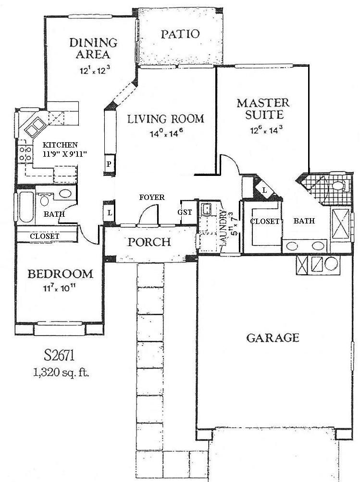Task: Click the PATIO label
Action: (180, 34)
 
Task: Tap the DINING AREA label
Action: (93, 48)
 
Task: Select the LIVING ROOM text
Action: (165, 119)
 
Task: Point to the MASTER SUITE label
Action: (262, 109)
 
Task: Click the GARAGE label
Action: (273, 338)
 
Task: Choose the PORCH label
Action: (149, 241)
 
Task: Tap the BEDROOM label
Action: (60, 274)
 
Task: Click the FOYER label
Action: (152, 198)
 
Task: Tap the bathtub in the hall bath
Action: (25, 207)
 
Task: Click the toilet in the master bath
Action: (338, 185)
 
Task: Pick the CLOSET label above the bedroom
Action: (45, 236)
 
